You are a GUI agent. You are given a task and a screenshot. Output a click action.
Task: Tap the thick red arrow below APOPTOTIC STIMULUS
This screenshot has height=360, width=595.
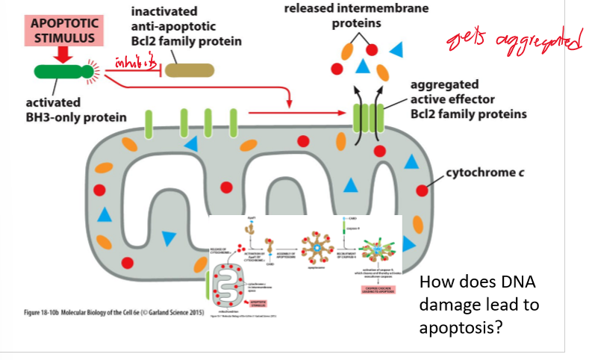(63, 55)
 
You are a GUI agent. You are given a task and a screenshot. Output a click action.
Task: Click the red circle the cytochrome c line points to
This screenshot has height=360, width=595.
(423, 190)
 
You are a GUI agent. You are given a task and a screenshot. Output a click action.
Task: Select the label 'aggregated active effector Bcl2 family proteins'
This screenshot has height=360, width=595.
(467, 99)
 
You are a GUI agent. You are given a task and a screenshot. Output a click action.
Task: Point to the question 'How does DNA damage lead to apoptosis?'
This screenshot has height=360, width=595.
(479, 305)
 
